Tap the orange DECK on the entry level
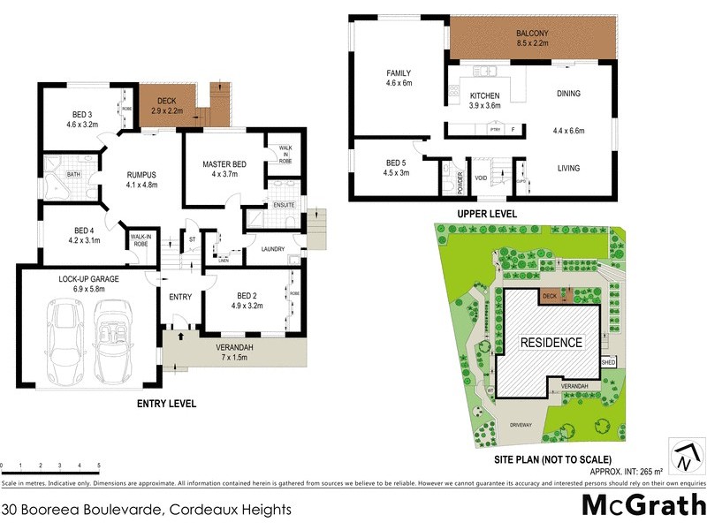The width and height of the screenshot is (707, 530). pyautogui.click(x=168, y=104)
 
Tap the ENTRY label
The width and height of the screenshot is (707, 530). pyautogui.click(x=180, y=297)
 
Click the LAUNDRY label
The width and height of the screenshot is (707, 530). pyautogui.click(x=273, y=249)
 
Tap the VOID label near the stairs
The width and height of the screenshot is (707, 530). pyautogui.click(x=483, y=178)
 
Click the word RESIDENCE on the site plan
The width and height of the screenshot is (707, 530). pyautogui.click(x=551, y=342)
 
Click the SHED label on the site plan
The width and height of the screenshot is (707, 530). pyautogui.click(x=608, y=362)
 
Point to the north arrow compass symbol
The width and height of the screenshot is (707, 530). pyautogui.click(x=686, y=458)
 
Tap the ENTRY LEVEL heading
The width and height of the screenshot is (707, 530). pyautogui.click(x=166, y=404)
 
